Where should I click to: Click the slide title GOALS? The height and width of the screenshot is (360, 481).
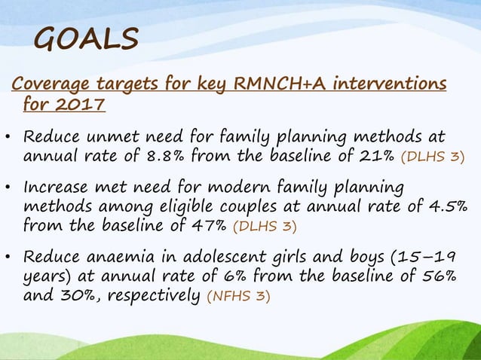tap(87, 38)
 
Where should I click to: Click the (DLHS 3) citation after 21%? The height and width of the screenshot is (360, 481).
tap(433, 158)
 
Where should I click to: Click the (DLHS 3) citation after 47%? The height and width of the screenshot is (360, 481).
tap(264, 226)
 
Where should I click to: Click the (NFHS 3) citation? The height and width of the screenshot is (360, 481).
tap(237, 296)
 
